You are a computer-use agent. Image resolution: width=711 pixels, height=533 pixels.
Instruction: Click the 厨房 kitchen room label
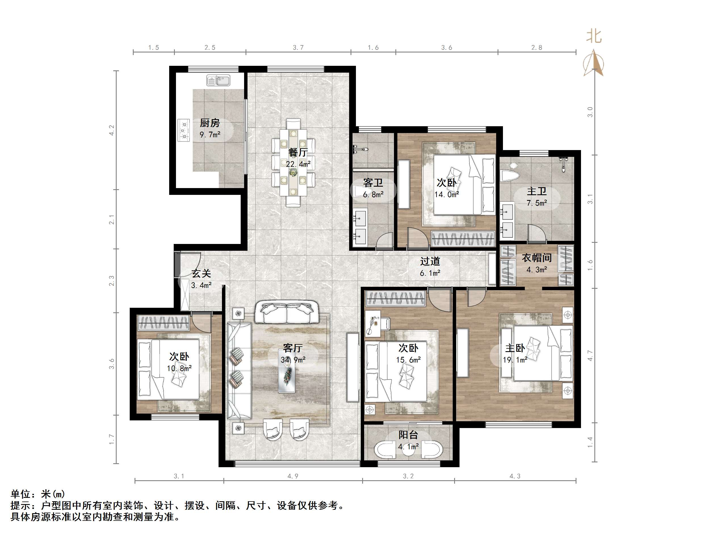[x=209, y=123]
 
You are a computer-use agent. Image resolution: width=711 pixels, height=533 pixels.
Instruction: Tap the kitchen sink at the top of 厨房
[x=218, y=80]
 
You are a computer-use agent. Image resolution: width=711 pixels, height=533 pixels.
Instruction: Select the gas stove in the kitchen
[x=184, y=130]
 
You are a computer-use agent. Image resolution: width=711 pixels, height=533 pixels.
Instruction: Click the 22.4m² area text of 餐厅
[x=298, y=164]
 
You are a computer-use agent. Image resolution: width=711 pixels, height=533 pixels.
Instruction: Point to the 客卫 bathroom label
[x=373, y=183]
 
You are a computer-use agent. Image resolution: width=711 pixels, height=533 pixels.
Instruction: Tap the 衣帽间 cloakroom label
[x=536, y=258]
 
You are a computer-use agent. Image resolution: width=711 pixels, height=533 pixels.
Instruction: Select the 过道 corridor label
[x=430, y=261]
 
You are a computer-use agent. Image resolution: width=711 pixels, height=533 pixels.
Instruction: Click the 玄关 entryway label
[x=201, y=273]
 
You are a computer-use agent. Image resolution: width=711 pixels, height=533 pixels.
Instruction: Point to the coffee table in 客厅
[x=287, y=371]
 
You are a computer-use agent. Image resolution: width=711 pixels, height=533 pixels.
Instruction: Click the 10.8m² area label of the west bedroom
[x=179, y=368]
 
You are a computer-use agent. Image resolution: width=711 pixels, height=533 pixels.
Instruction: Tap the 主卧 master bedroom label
[x=515, y=348]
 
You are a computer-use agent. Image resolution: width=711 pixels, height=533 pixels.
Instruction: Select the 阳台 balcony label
[x=408, y=435]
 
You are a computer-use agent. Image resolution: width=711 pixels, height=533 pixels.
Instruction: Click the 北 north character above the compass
[x=594, y=36]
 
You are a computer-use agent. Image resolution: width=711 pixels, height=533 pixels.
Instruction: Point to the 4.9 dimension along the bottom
[x=293, y=476]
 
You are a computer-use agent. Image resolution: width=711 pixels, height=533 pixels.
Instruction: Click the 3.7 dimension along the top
[x=298, y=48]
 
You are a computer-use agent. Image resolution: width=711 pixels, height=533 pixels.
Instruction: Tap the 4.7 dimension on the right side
[x=590, y=355]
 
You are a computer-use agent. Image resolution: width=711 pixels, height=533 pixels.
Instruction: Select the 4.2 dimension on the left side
[x=112, y=130]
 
